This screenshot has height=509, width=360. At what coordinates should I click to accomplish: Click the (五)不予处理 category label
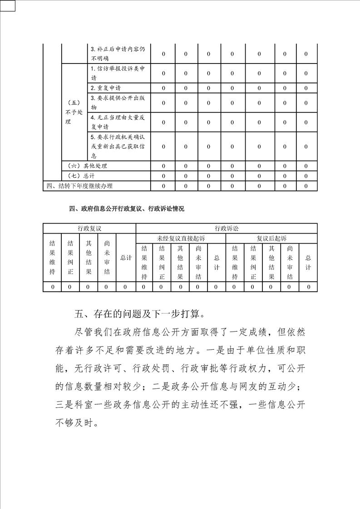(x=74, y=112)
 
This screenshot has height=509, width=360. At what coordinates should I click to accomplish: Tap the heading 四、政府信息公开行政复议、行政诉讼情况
(x=127, y=209)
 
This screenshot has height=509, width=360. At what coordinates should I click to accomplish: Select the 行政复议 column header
(x=89, y=229)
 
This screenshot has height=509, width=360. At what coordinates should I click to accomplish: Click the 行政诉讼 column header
(x=227, y=229)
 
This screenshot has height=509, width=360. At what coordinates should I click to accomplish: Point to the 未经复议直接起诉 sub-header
(x=181, y=238)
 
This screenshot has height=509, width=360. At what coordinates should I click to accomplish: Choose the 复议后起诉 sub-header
(x=271, y=238)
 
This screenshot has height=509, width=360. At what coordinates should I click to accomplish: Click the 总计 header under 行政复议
(x=126, y=258)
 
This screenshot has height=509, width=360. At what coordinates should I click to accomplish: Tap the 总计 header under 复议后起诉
(x=308, y=262)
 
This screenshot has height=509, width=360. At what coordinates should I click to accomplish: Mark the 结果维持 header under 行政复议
(x=52, y=258)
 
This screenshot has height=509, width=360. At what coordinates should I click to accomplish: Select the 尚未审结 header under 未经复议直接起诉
(x=198, y=262)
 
